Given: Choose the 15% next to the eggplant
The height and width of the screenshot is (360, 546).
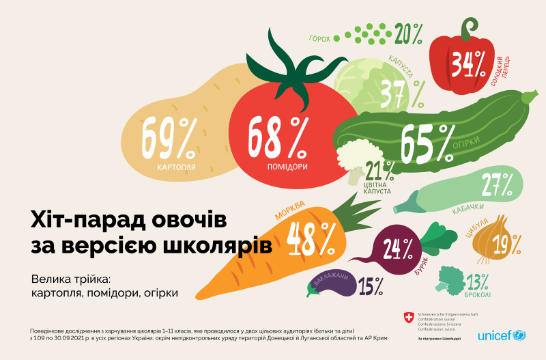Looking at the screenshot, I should point(369,286).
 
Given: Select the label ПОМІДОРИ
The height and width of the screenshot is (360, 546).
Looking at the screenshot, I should point(287,167).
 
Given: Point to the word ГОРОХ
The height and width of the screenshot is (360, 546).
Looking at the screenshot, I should point(319,39).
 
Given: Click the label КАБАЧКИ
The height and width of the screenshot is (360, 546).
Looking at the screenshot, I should point(468,207).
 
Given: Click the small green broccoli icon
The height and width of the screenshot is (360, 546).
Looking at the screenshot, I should point(450,278).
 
